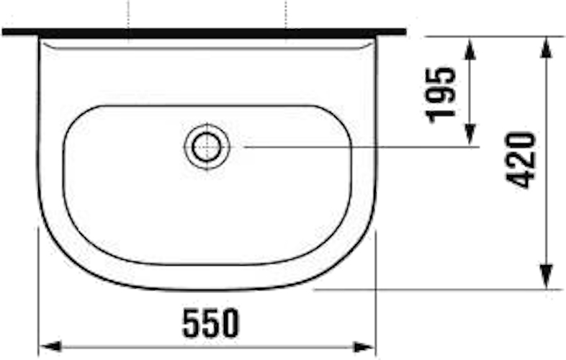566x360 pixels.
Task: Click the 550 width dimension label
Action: tap(211, 323)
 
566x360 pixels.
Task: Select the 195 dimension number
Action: tap(441, 94)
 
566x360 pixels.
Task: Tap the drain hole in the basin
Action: tap(207, 146)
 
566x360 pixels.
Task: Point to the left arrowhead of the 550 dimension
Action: tap(50, 347)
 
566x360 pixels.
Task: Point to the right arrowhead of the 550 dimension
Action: tap(364, 347)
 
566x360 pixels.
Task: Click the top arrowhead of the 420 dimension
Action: tap(547, 48)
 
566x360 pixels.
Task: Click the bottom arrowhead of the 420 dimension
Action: tap(547, 277)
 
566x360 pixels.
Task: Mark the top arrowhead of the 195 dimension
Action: tap(470, 48)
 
